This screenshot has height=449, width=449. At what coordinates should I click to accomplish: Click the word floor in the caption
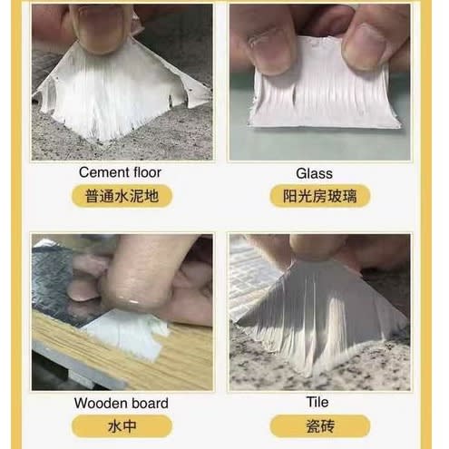click(x=147, y=172)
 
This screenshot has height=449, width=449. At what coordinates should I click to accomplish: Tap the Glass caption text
click(x=314, y=173)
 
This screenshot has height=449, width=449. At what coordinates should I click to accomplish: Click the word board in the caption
click(x=146, y=403)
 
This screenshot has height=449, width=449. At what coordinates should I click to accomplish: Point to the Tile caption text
click(x=317, y=402)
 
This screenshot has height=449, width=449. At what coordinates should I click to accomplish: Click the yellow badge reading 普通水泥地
click(x=122, y=196)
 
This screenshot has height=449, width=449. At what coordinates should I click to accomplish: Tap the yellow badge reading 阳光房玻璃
click(x=320, y=196)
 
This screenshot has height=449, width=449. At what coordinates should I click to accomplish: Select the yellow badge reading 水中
click(x=122, y=426)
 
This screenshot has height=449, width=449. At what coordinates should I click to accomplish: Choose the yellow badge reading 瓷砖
click(x=320, y=426)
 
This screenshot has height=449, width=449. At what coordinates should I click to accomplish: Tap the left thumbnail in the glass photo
click(x=268, y=52)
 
